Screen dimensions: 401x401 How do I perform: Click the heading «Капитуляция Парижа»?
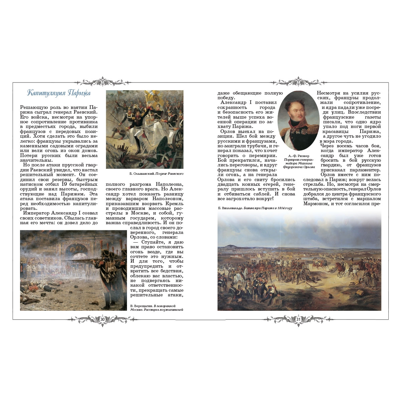coord(59,93)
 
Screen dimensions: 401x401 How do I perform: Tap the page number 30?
coord(103,320)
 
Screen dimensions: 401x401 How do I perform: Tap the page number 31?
coord(299,320)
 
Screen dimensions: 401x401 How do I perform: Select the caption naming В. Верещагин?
coord(157,308)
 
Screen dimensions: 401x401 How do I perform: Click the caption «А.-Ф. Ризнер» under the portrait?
coord(298,156)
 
